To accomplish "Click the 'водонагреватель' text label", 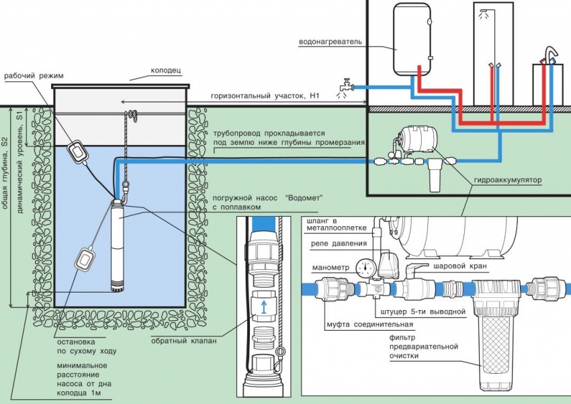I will (x=331, y=41).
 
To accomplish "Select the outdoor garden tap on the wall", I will (x=345, y=86).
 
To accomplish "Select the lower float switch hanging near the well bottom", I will (x=86, y=258).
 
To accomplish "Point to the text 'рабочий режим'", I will (x=34, y=75).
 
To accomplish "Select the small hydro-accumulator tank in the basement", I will (x=417, y=138).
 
